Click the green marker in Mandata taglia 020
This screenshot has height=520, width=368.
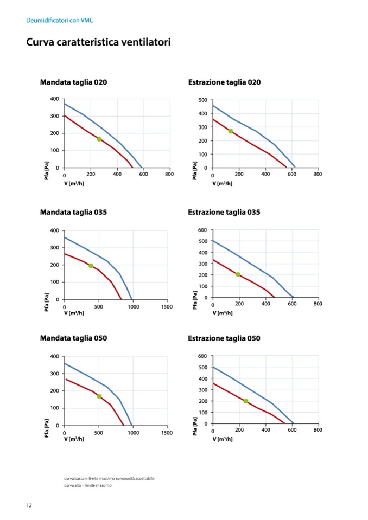[x=99, y=139]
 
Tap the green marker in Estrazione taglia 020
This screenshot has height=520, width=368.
[x=231, y=131]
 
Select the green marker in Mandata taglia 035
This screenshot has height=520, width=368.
[x=91, y=266]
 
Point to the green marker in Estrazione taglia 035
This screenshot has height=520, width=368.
[x=238, y=274]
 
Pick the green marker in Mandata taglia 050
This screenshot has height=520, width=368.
[x=99, y=396]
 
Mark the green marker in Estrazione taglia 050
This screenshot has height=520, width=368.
[x=246, y=401]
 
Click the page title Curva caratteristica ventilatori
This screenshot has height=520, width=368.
[x=98, y=42]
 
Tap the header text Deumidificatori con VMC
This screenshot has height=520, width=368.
[x=60, y=20]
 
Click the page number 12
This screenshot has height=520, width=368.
[x=29, y=505]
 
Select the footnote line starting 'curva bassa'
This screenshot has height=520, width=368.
[x=109, y=478]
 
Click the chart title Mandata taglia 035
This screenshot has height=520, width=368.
[x=73, y=212]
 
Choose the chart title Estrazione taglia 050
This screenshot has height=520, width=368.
[x=224, y=338]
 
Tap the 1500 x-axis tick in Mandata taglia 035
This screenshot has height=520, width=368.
[x=167, y=307]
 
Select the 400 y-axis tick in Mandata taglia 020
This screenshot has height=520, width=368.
[x=55, y=99]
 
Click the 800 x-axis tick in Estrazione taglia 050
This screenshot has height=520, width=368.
[x=318, y=430]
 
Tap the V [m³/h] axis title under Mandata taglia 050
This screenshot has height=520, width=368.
[x=74, y=439]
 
